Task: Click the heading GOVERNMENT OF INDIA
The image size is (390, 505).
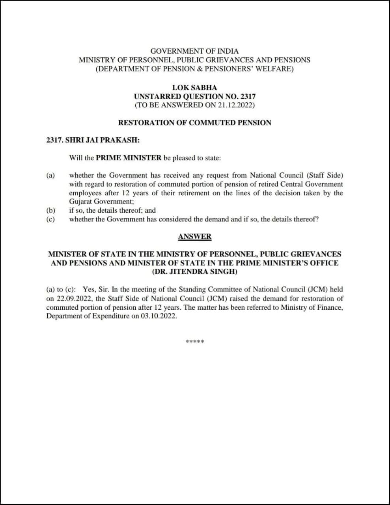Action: point(194,51)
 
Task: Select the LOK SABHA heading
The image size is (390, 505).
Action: point(194,88)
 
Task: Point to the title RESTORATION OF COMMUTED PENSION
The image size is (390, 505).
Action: point(194,123)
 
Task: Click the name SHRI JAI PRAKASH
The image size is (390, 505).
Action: point(102,140)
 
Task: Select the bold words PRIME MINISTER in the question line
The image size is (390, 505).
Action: point(129,158)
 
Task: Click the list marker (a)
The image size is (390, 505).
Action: point(50,175)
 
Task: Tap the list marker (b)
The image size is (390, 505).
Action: point(50,210)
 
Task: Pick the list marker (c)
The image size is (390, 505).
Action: point(50,219)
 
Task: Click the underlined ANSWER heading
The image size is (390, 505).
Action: point(194,237)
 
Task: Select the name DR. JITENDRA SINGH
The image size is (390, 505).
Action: point(194,271)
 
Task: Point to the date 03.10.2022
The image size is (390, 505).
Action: point(159,316)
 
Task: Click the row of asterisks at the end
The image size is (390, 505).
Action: point(194,341)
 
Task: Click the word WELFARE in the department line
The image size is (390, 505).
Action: point(277,69)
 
